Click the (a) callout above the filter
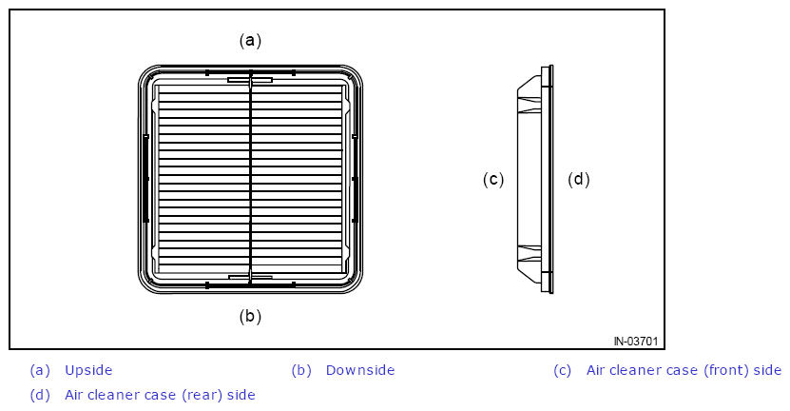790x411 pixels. pyautogui.click(x=250, y=40)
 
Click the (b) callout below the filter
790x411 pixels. pyautogui.click(x=250, y=317)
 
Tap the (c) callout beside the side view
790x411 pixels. pyautogui.click(x=493, y=180)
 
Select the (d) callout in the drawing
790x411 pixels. pyautogui.click(x=578, y=180)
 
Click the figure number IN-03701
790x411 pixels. pyautogui.click(x=636, y=342)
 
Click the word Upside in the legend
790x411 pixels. pyautogui.click(x=88, y=370)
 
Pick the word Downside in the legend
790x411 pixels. pyautogui.click(x=360, y=370)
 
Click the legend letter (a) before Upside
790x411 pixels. pyautogui.click(x=40, y=370)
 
